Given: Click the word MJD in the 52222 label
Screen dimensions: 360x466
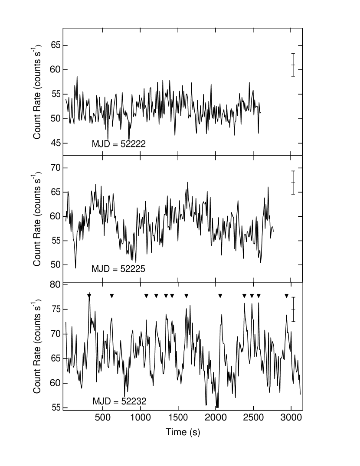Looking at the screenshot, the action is [101, 144].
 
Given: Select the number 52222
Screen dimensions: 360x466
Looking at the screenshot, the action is [133, 144].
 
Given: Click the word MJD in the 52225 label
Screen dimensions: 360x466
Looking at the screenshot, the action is [101, 269].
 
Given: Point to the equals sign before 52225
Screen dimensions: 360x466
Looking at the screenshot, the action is [115, 270].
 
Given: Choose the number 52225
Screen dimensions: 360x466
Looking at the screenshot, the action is [133, 269].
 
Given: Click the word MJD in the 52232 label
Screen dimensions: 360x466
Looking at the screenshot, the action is [102, 402].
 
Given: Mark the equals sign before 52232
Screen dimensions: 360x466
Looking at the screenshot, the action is [116, 402].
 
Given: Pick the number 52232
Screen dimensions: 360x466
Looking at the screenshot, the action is [134, 402].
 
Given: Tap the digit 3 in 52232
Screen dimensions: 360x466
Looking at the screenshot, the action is [139, 402].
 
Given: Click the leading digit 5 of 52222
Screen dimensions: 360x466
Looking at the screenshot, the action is [123, 144].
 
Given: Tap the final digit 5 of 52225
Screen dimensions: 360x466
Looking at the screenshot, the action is [143, 269].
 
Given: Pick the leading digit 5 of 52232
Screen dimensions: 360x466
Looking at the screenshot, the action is [124, 402].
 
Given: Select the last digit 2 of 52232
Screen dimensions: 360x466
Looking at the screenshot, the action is [144, 402].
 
